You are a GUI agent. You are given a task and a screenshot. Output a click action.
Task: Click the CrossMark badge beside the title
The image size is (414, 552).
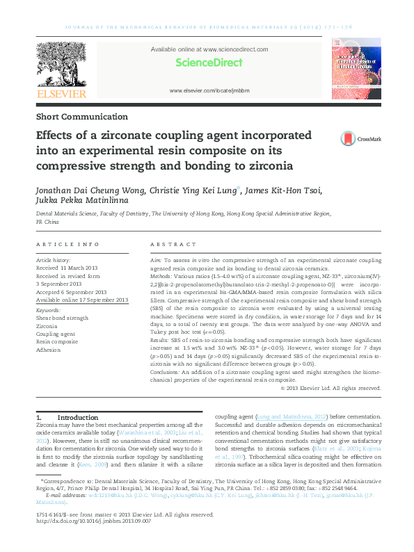[360, 139]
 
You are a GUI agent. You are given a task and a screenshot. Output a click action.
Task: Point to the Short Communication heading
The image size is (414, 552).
[81, 117]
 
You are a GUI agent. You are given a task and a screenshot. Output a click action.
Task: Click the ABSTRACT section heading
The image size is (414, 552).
[169, 245]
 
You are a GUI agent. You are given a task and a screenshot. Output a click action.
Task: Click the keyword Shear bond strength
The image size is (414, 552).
[63, 318]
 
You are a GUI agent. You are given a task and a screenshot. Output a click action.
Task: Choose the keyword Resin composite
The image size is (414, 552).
[57, 342]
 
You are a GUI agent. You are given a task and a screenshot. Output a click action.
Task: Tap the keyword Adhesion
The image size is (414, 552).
[48, 350]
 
